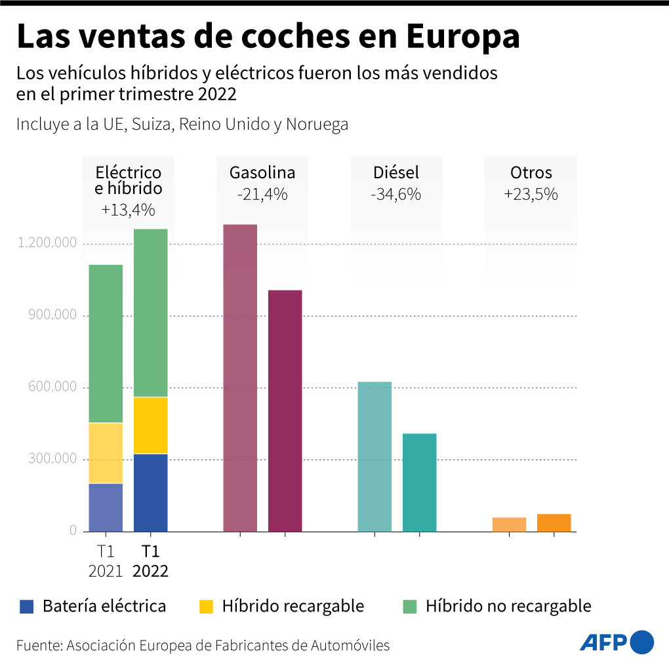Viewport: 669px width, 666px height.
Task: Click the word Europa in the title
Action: pos(462,37)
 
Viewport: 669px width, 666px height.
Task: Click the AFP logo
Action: pos(617,642)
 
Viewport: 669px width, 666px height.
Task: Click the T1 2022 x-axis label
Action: pos(150,561)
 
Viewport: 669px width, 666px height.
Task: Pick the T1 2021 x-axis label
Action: pos(106,561)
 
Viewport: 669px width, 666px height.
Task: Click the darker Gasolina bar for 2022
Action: pos(285,410)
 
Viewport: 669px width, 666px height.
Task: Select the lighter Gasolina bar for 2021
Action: pos(240,378)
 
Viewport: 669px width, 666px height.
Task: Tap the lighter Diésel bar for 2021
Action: pos(375,456)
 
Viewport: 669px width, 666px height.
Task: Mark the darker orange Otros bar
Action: pos(554,522)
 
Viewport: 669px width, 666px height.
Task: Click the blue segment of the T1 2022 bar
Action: pos(150,492)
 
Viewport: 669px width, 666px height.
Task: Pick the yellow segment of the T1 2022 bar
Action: pos(150,425)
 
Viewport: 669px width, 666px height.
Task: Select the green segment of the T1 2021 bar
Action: pos(106,343)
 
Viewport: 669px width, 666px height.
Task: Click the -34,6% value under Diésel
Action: pos(396,195)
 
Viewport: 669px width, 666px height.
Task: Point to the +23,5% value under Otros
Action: pos(531,195)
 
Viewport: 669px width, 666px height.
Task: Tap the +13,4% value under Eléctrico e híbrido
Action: pos(128,210)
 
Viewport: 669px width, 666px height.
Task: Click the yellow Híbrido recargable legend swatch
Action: pos(207,606)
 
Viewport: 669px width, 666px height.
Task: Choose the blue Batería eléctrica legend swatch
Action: pos(26,606)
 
